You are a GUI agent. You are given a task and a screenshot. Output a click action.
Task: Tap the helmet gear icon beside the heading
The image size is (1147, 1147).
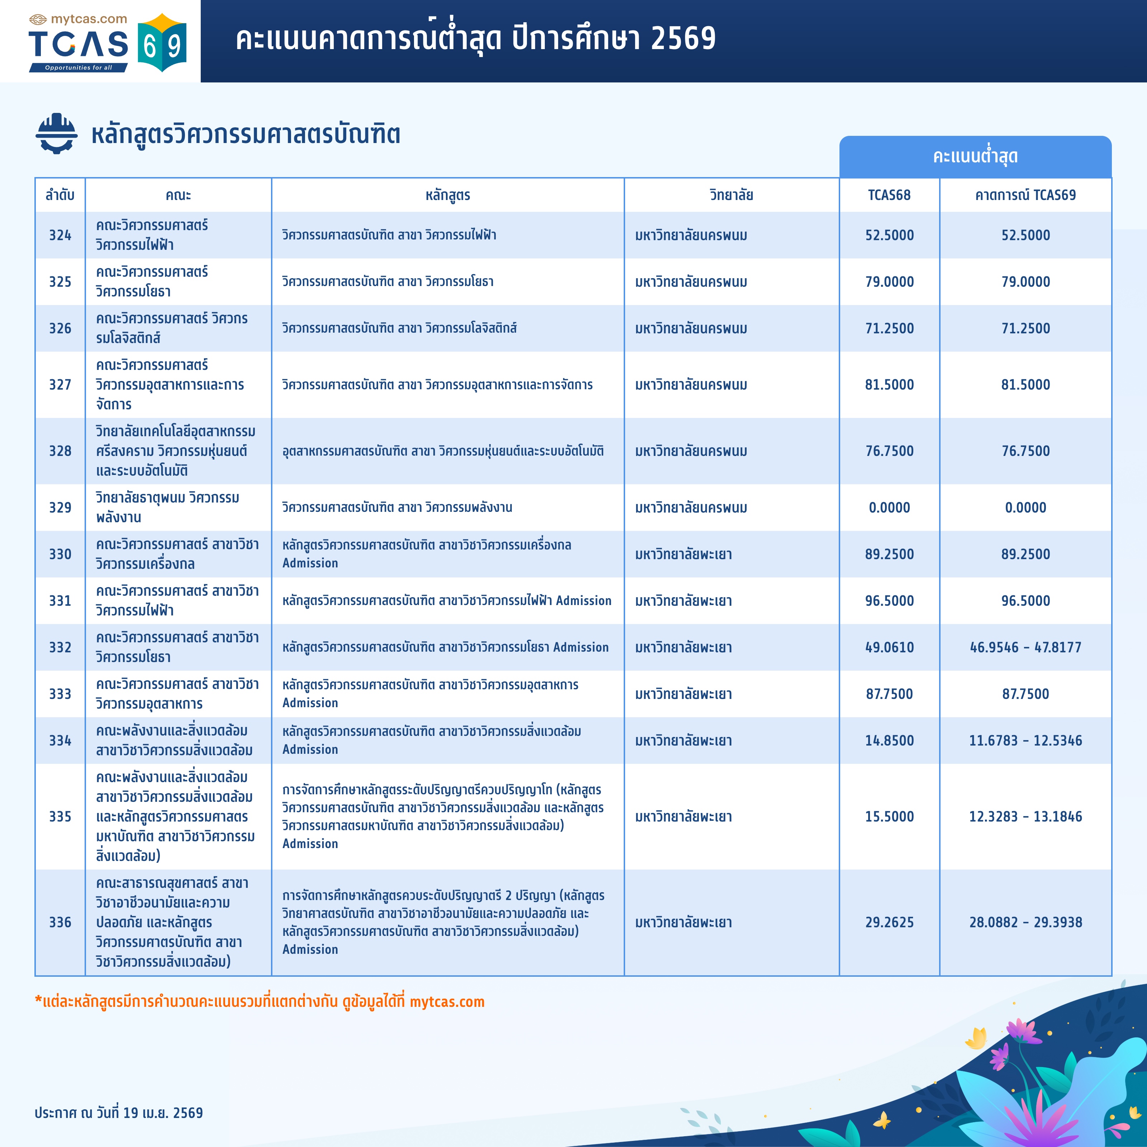[x=56, y=134]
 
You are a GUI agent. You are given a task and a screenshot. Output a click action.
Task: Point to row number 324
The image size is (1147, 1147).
[x=60, y=235]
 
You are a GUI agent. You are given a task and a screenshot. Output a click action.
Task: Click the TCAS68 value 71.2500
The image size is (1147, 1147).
[x=889, y=328]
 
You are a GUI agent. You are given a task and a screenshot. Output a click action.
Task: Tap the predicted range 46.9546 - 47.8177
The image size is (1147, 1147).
[x=1025, y=647]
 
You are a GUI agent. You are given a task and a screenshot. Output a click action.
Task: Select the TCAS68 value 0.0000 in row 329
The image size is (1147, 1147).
[x=889, y=508]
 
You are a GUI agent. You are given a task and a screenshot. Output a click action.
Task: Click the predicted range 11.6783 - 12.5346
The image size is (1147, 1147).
[x=1025, y=740]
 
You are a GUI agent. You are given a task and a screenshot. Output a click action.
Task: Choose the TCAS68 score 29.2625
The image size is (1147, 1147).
[x=889, y=922]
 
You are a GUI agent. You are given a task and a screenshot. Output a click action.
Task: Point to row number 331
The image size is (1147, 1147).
[x=60, y=601]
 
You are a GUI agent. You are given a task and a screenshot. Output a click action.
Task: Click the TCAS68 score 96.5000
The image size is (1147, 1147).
[x=889, y=601]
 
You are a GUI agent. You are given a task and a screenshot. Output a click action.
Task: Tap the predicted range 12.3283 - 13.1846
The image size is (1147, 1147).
[x=1025, y=816]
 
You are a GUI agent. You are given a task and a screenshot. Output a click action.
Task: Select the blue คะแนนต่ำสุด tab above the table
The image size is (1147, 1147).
[x=975, y=157]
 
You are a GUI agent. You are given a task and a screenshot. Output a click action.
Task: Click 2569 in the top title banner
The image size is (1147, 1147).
[x=683, y=39]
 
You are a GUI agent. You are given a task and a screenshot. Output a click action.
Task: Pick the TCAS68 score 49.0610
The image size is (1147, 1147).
[x=889, y=647]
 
